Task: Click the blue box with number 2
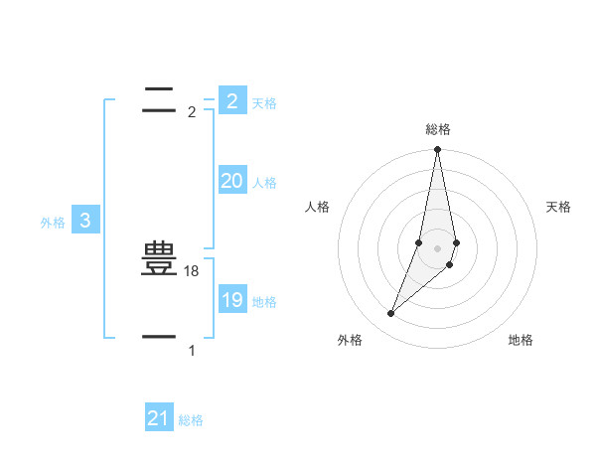(231, 100)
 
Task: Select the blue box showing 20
(231, 181)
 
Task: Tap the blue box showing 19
(231, 300)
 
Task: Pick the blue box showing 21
(159, 418)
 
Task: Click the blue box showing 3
(85, 221)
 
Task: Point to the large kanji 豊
(159, 260)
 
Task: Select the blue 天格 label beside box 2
(264, 102)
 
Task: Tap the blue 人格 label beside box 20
(264, 183)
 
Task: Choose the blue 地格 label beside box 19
(264, 302)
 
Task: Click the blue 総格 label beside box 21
(191, 420)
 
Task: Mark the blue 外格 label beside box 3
(53, 224)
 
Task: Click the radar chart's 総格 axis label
(437, 129)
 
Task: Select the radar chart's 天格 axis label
(559, 207)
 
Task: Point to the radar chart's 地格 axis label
(521, 340)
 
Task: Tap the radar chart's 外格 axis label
(350, 340)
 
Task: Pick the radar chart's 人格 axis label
(317, 207)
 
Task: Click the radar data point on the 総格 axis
(437, 150)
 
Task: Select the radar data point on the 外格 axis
(390, 314)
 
